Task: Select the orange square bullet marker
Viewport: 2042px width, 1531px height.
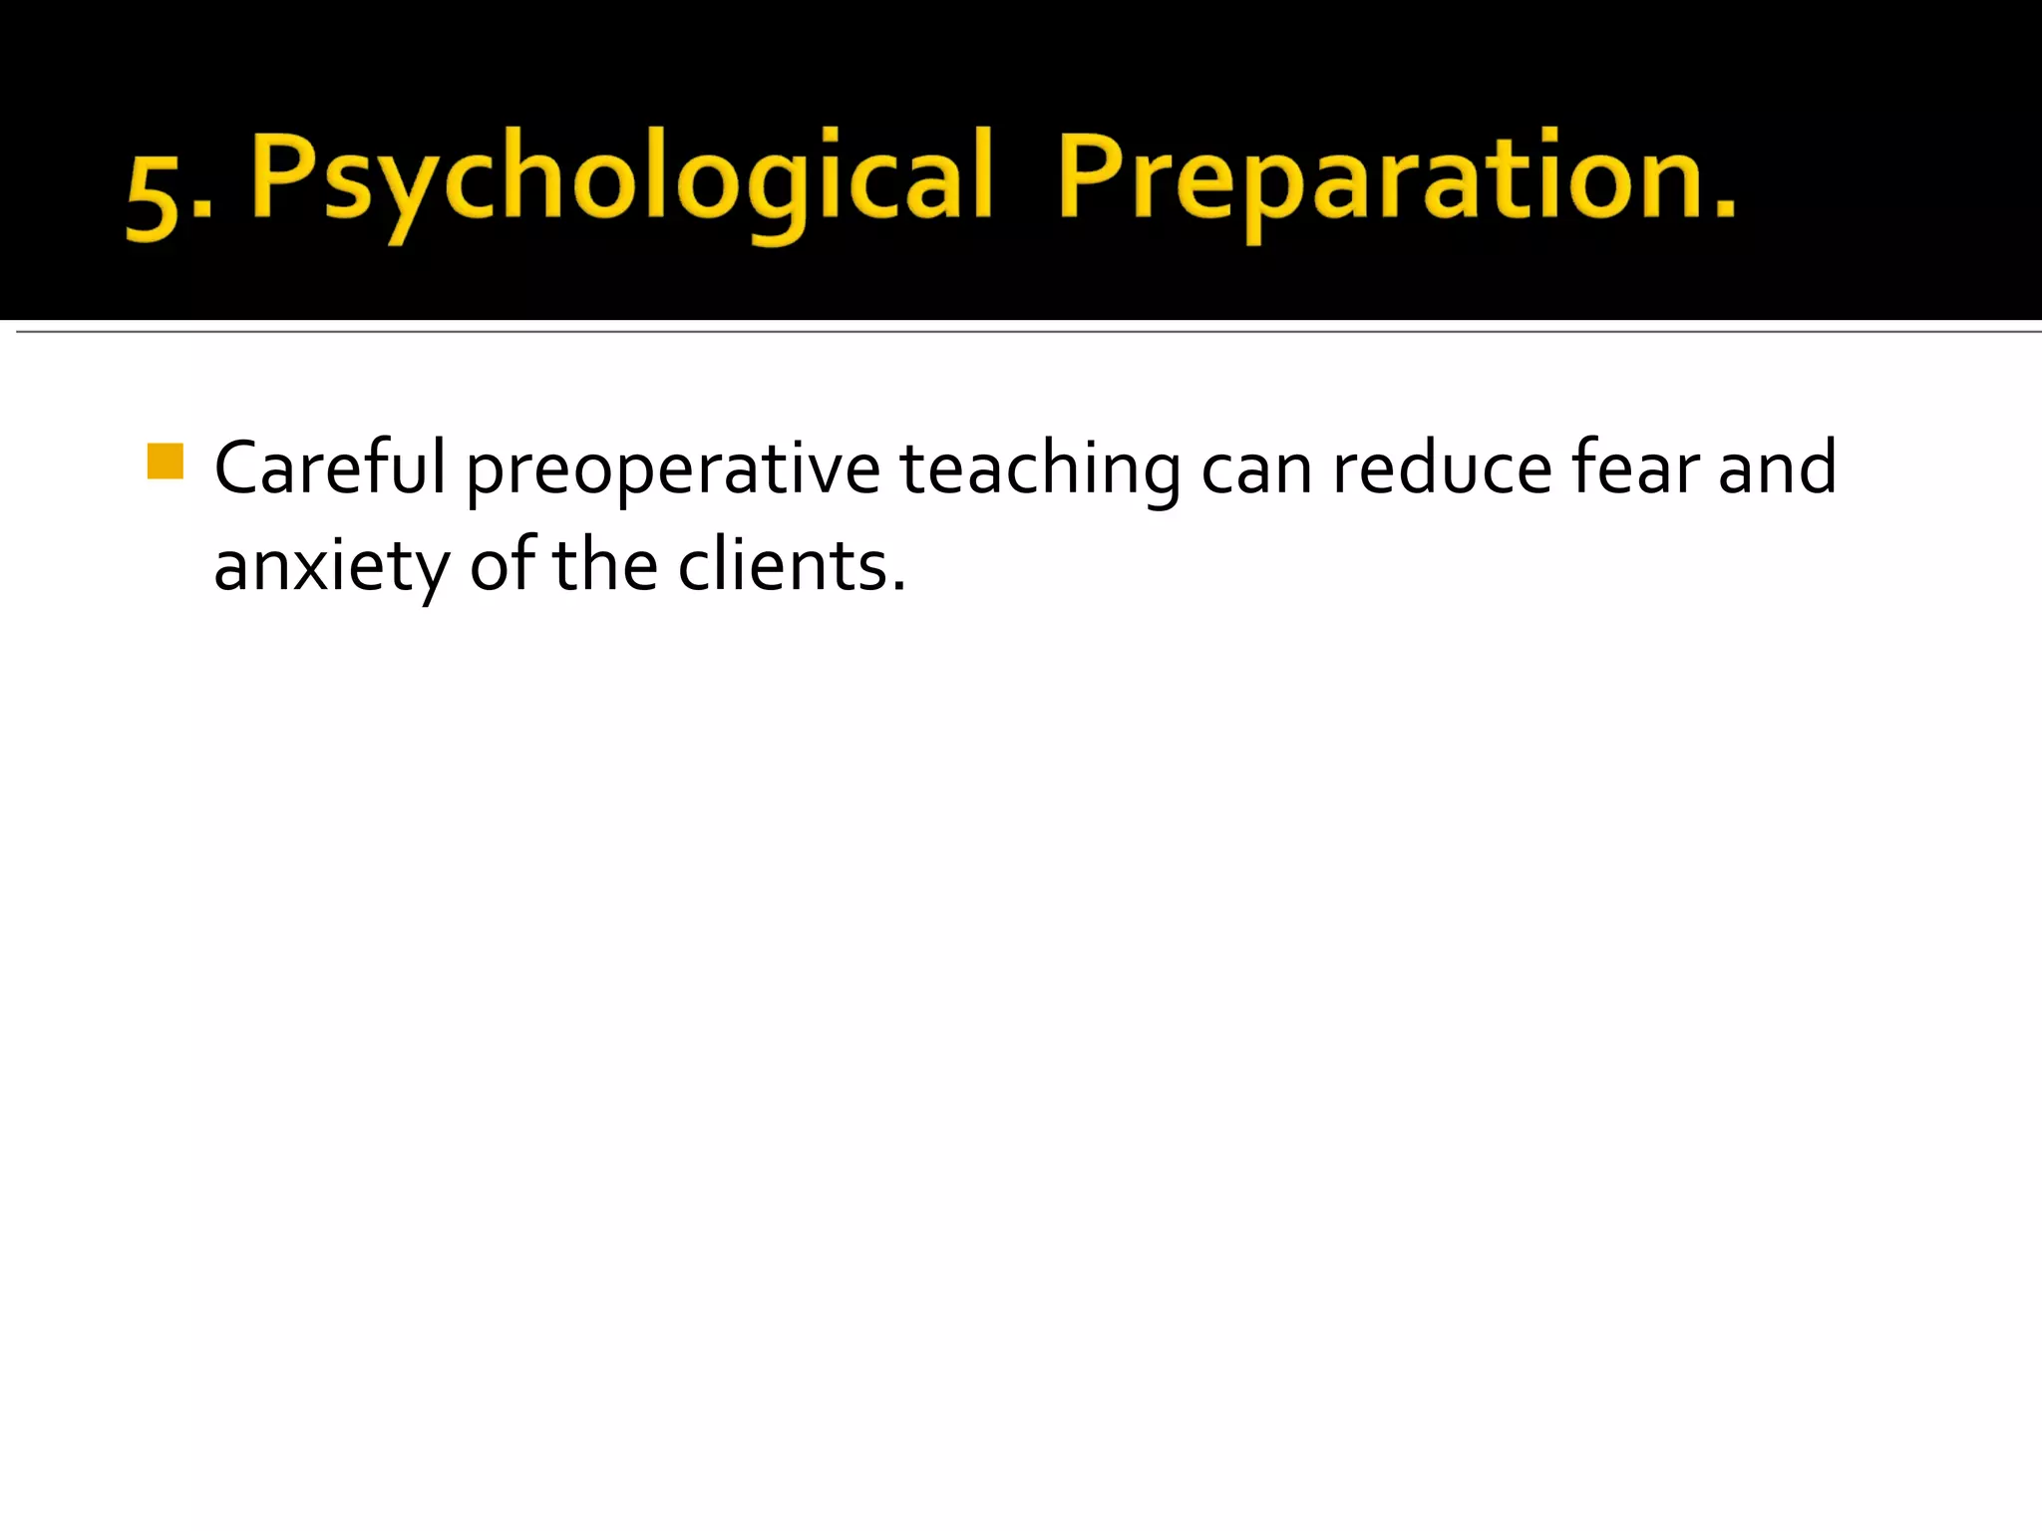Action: tap(166, 461)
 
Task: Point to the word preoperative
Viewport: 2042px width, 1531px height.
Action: tap(673, 468)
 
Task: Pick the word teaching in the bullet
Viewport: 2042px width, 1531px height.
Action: tap(1040, 468)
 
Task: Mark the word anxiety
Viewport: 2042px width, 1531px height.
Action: tap(331, 566)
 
